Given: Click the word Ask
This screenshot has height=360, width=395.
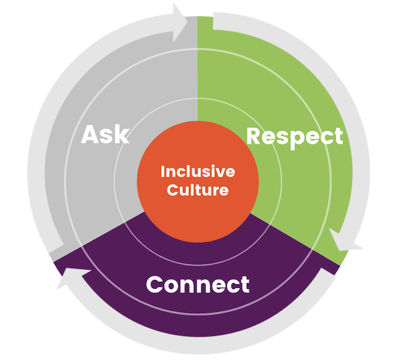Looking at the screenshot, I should (106, 134).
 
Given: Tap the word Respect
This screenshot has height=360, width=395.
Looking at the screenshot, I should (294, 136).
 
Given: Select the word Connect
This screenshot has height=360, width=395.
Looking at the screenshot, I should (197, 284).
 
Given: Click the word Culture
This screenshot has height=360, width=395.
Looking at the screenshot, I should (197, 189).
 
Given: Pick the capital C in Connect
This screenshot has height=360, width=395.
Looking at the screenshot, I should (155, 285).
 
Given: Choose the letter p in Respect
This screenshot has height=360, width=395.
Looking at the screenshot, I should (296, 138).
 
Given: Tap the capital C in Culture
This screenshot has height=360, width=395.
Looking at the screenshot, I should (172, 189).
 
